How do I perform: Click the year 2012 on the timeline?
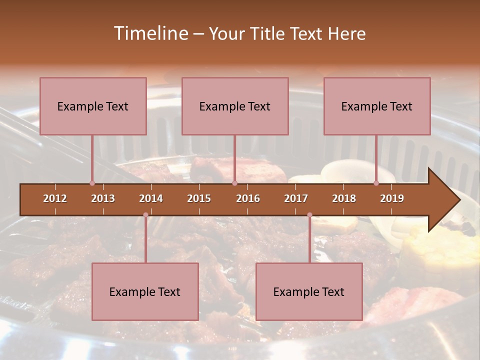[x=55, y=198]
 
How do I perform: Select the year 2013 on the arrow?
[x=103, y=198]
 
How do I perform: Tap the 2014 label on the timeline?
[x=151, y=198]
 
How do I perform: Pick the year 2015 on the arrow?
[x=199, y=198]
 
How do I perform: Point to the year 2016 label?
[x=248, y=198]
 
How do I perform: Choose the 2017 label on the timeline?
[x=296, y=198]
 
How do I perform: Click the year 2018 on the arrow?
[x=344, y=198]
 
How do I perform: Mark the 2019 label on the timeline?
[x=392, y=198]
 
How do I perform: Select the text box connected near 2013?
[x=93, y=106]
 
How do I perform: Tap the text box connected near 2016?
[x=235, y=106]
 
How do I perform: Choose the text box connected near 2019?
[x=377, y=106]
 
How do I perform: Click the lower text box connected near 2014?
[x=145, y=291]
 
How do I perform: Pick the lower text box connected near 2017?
[x=309, y=291]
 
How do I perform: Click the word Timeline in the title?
[x=149, y=33]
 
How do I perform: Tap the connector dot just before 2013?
[x=92, y=183]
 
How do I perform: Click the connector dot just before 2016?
[x=234, y=183]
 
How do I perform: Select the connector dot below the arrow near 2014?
[x=145, y=215]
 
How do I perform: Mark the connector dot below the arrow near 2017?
[x=309, y=215]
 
